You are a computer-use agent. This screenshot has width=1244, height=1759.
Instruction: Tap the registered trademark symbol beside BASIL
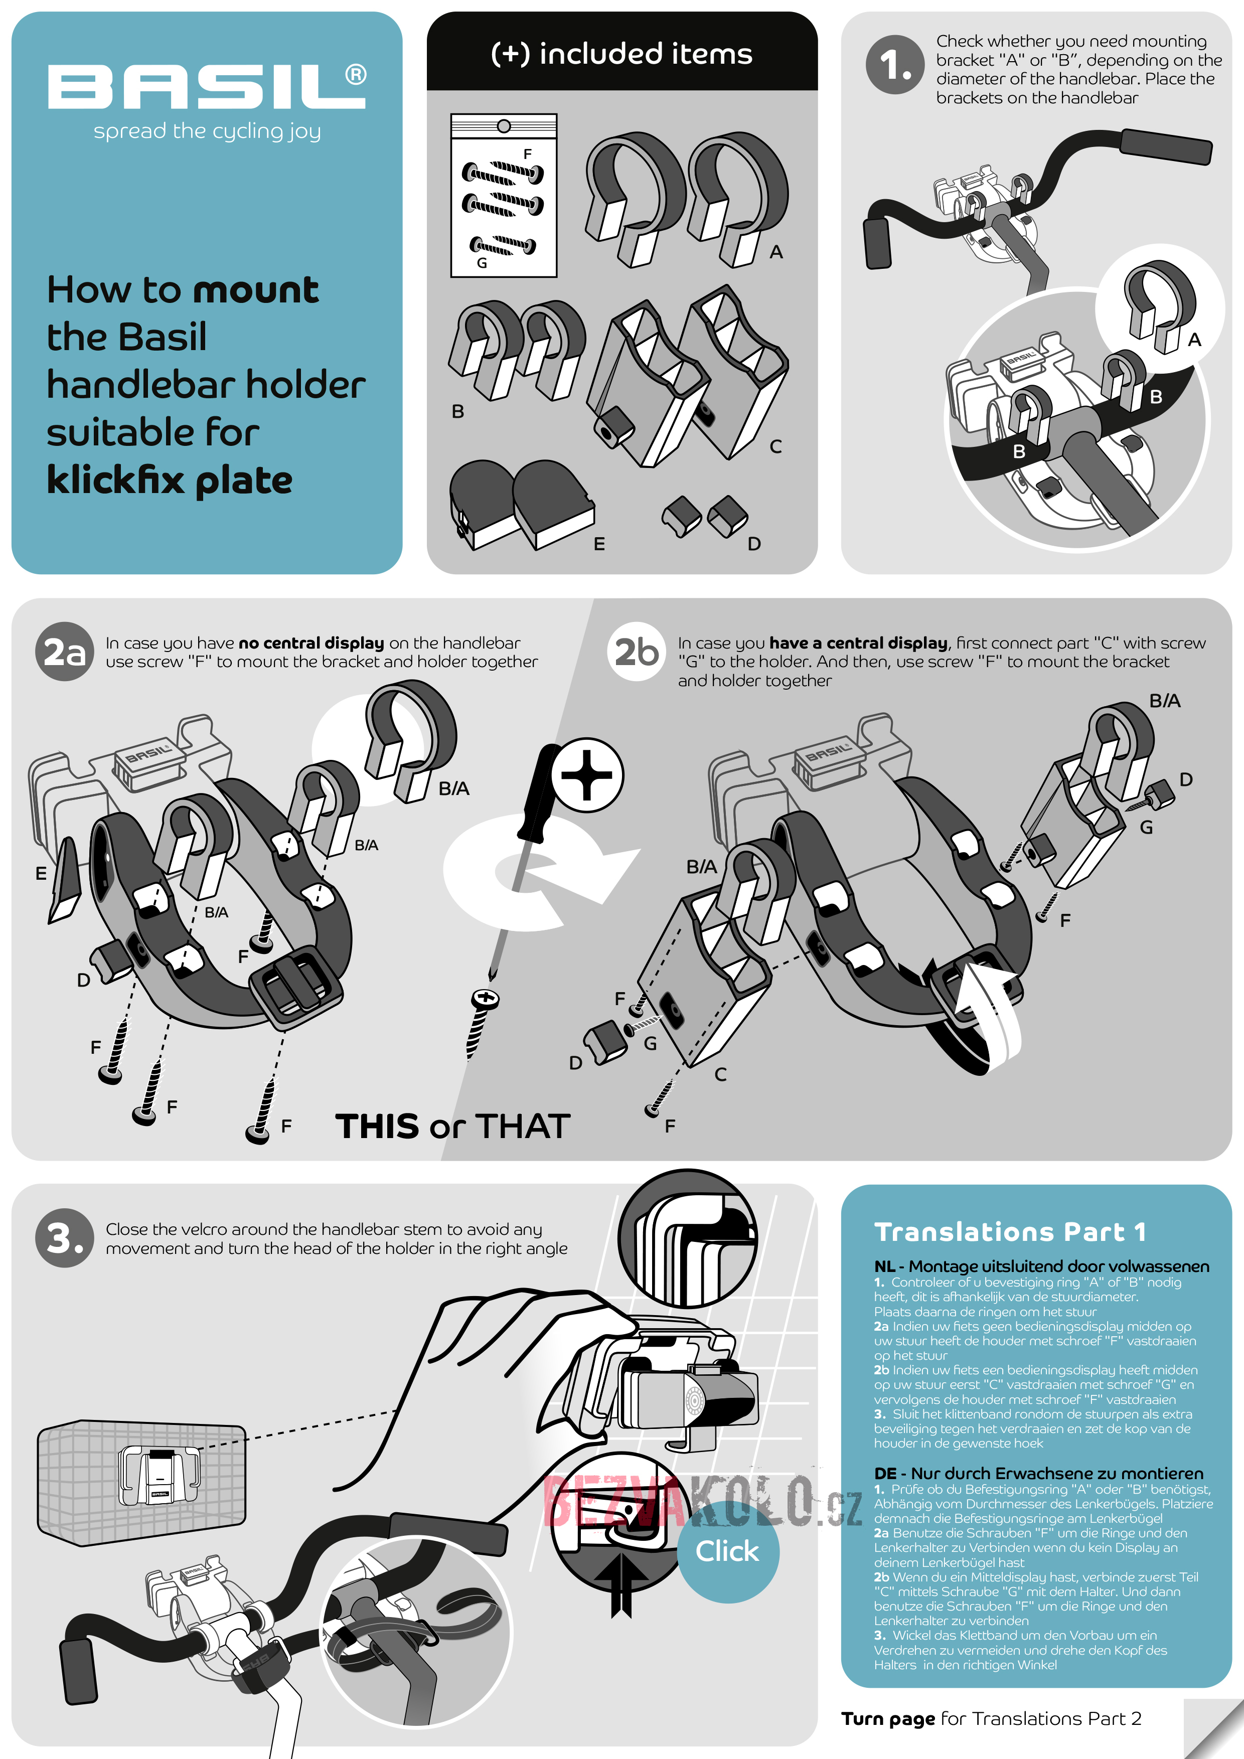click(x=356, y=74)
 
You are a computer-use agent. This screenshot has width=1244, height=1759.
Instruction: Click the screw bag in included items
click(x=503, y=195)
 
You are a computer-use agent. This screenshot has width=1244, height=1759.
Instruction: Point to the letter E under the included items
click(x=599, y=544)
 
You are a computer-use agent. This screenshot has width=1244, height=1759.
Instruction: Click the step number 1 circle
click(x=895, y=65)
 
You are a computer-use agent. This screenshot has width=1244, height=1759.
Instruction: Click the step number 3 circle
click(x=64, y=1238)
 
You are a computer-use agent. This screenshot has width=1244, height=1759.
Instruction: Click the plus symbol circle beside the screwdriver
click(x=587, y=775)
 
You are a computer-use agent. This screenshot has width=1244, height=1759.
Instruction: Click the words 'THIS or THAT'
click(x=453, y=1126)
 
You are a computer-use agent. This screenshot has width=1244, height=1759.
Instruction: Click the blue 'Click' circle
click(x=728, y=1551)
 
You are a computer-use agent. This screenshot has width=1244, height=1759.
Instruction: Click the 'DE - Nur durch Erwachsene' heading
click(x=1039, y=1473)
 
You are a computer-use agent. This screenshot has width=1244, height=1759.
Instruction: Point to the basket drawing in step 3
click(x=142, y=1484)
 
